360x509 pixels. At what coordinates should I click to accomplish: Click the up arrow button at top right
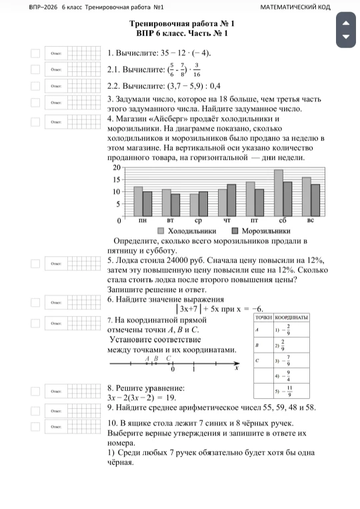[x=345, y=23]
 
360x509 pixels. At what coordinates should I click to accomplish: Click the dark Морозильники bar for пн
[x=147, y=203]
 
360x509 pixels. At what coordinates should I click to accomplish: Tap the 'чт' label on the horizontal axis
[x=227, y=219]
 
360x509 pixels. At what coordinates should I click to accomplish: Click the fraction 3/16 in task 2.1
[x=197, y=69]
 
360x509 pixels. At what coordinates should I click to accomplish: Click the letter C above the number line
[x=169, y=358]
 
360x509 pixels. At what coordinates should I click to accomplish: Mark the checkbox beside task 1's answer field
[x=35, y=53]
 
